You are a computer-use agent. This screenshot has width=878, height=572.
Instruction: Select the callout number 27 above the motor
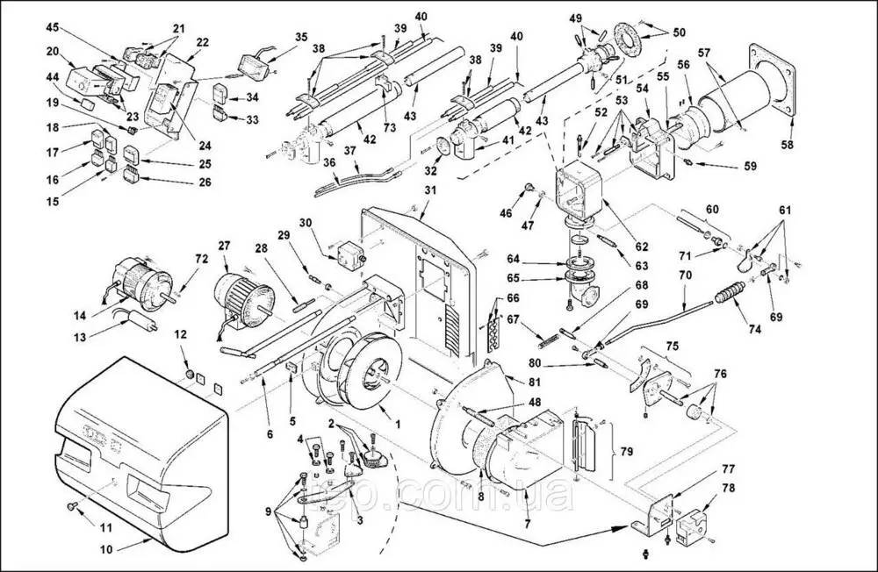[x=225, y=246]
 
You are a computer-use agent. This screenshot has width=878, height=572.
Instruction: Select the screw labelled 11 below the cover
[x=69, y=507]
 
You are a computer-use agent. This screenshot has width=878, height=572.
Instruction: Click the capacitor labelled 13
[x=144, y=321]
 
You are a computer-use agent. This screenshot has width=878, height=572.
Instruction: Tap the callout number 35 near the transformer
[x=301, y=37]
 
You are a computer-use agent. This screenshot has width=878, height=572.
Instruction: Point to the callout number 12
[x=181, y=334]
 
